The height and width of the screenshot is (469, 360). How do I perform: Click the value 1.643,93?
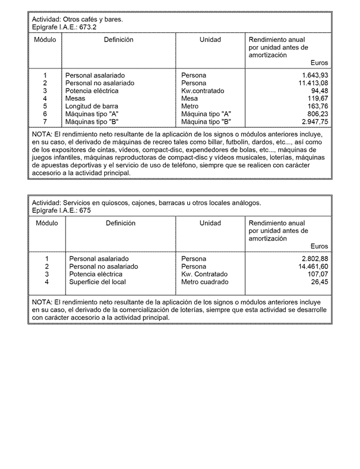tap(314, 75)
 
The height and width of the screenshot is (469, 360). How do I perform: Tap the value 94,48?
tap(319, 91)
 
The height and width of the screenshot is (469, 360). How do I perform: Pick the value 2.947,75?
tap(314, 121)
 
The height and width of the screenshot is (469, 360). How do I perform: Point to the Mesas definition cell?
tap(75, 98)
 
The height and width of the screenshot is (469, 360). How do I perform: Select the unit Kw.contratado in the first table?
tap(203, 91)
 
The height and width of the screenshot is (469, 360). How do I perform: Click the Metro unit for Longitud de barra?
tap(190, 106)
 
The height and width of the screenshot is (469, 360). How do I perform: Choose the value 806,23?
tap(317, 114)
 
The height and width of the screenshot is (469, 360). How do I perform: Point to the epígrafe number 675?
tap(84, 211)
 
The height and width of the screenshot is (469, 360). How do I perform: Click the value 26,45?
tap(319, 282)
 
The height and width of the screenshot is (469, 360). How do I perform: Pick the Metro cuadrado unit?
tap(204, 282)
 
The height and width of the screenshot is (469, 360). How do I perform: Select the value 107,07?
tap(317, 274)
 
